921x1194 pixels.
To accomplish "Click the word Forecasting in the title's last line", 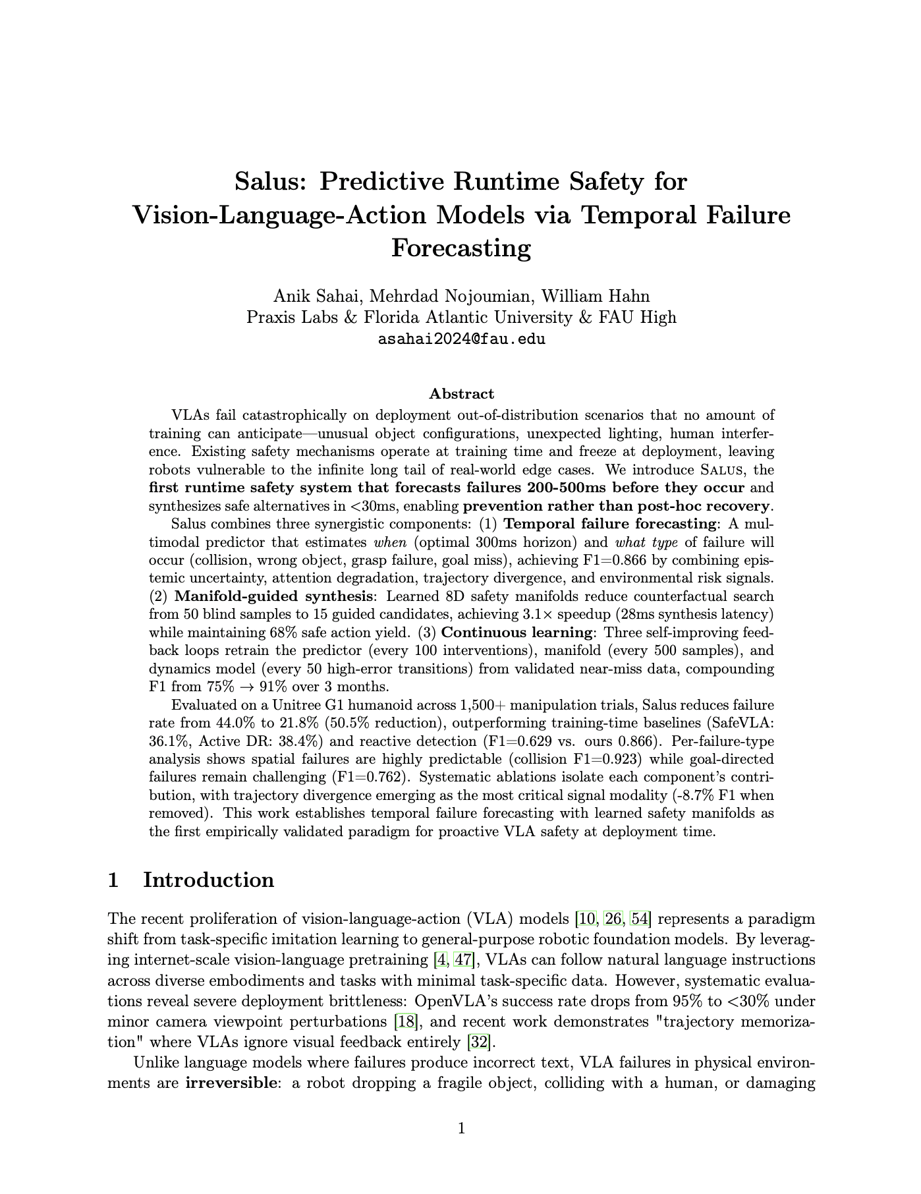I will point(461,249).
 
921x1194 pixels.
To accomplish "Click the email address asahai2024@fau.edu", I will point(461,340).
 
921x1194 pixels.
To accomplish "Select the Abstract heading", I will point(461,394).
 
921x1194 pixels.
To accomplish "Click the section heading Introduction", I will point(208,880).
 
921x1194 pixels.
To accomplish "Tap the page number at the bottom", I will point(461,1129).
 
